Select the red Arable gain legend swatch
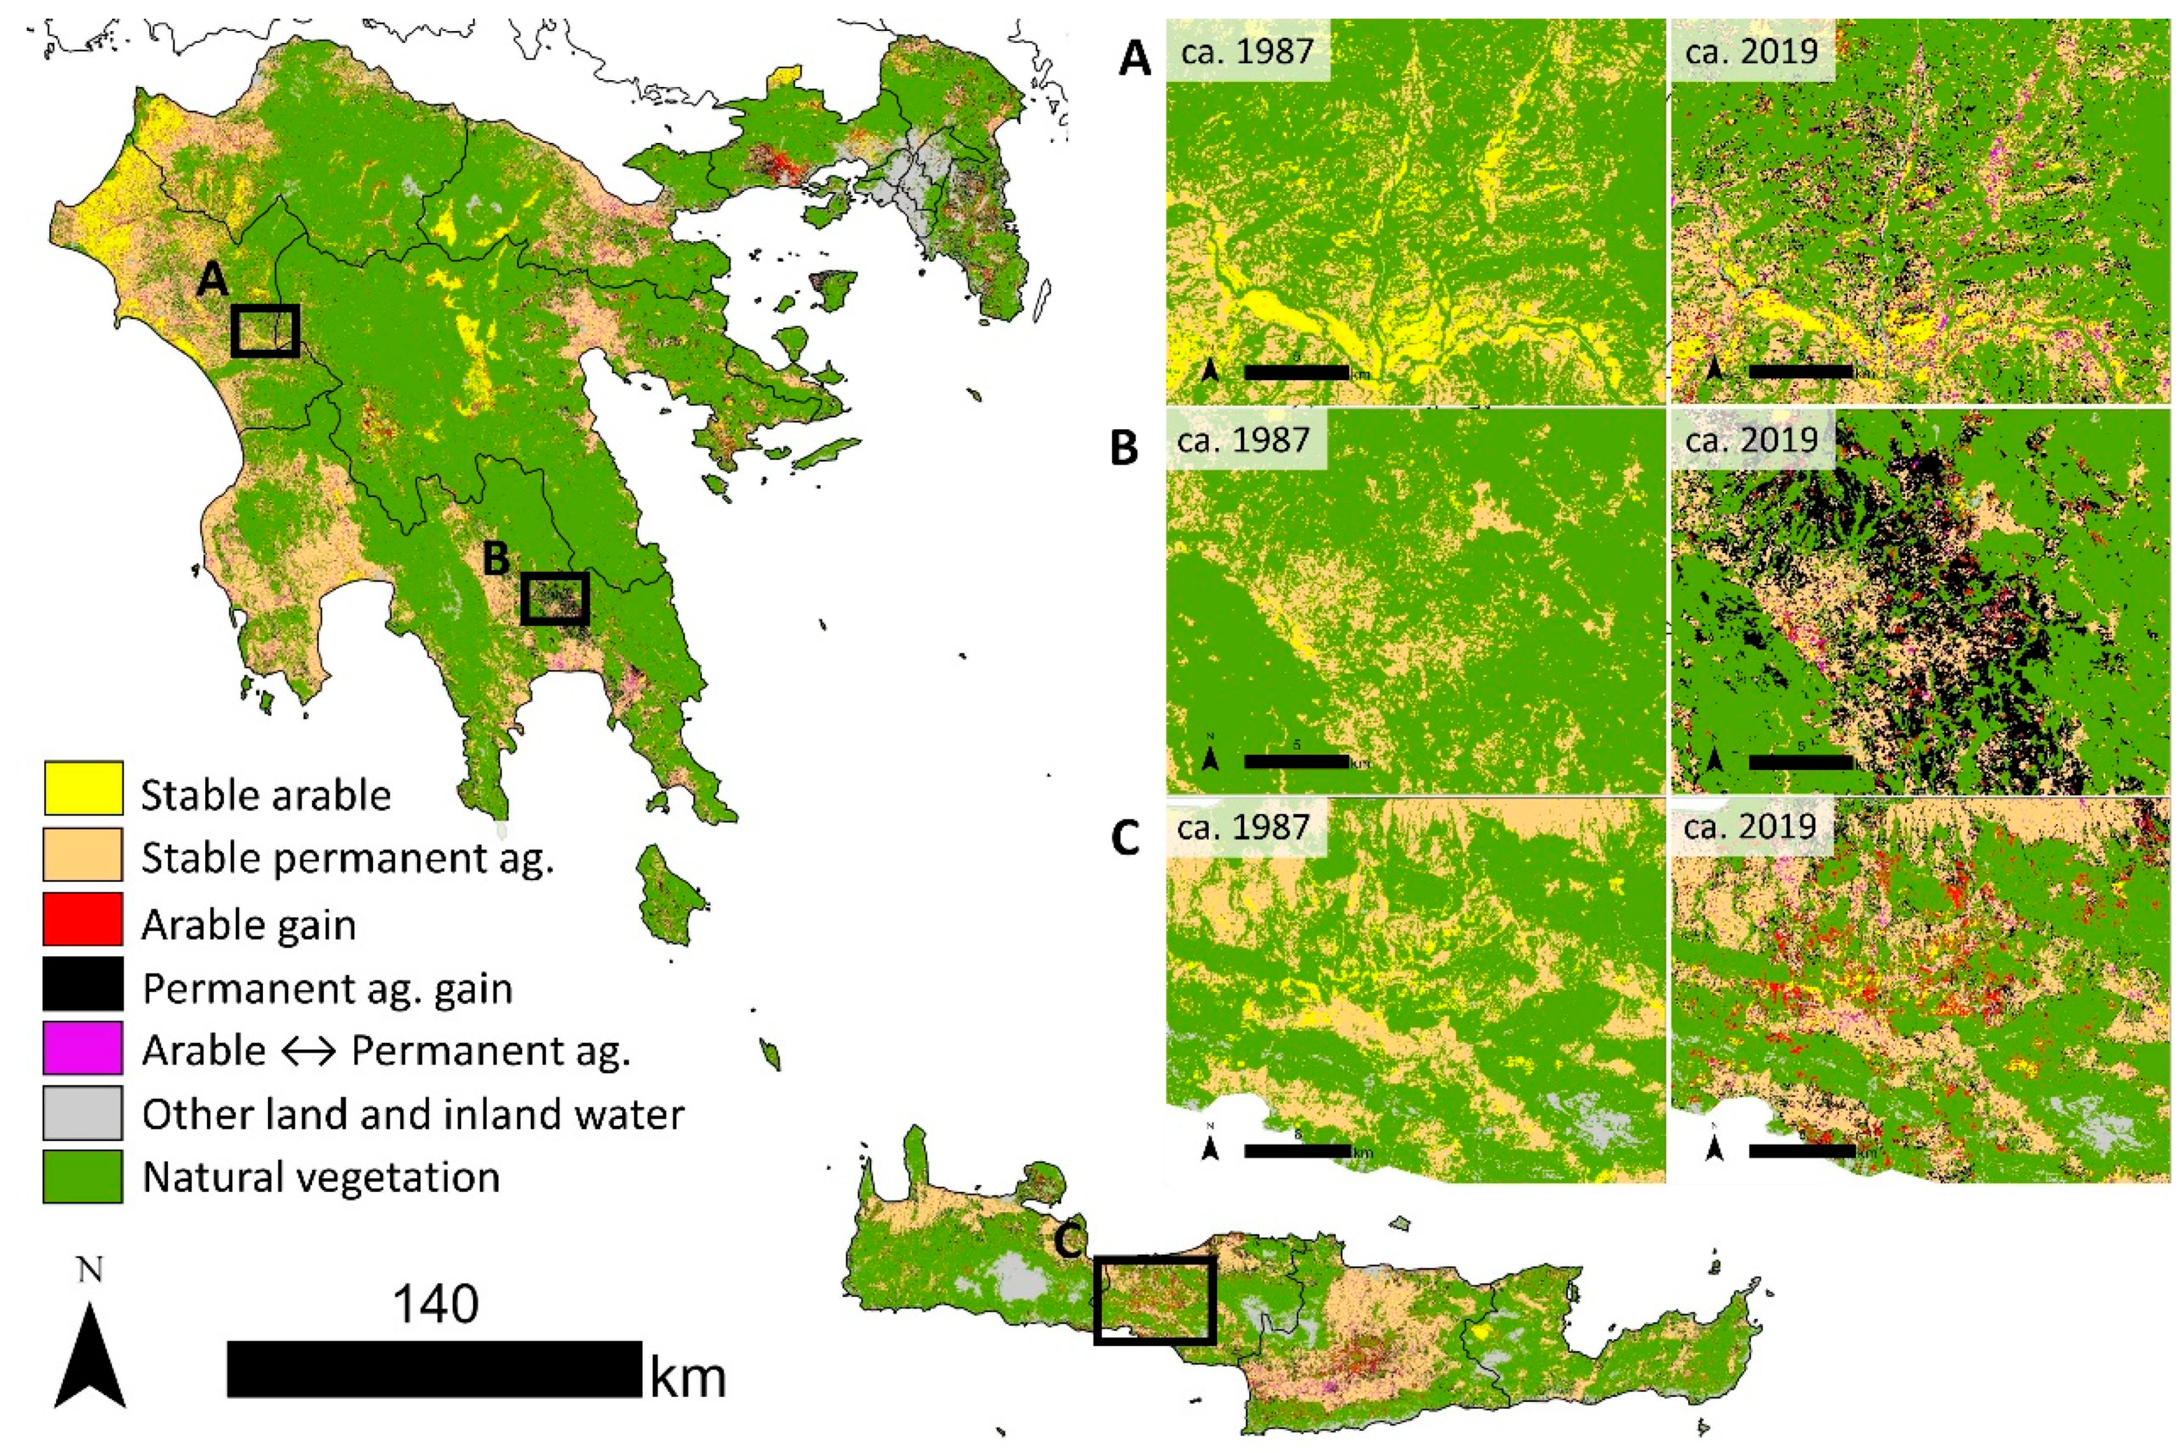tap(82, 919)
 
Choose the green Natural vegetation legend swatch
tap(82, 1176)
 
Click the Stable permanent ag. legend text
tap(347, 858)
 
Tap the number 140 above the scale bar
tap(436, 1305)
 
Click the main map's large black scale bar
tap(434, 1369)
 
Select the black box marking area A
tap(265, 331)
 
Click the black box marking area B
tap(554, 598)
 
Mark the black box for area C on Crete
tap(1154, 1299)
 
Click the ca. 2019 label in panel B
tap(1751, 438)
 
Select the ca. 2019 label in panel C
tap(1751, 825)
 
